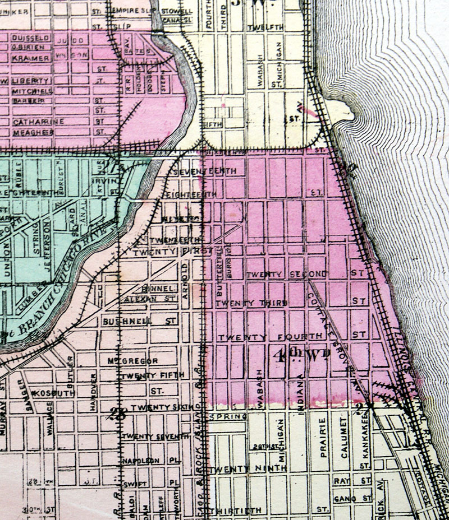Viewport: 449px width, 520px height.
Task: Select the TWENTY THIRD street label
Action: [252, 303]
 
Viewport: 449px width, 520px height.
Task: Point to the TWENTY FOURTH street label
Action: [271, 336]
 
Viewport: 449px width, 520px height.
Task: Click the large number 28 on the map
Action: [119, 415]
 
